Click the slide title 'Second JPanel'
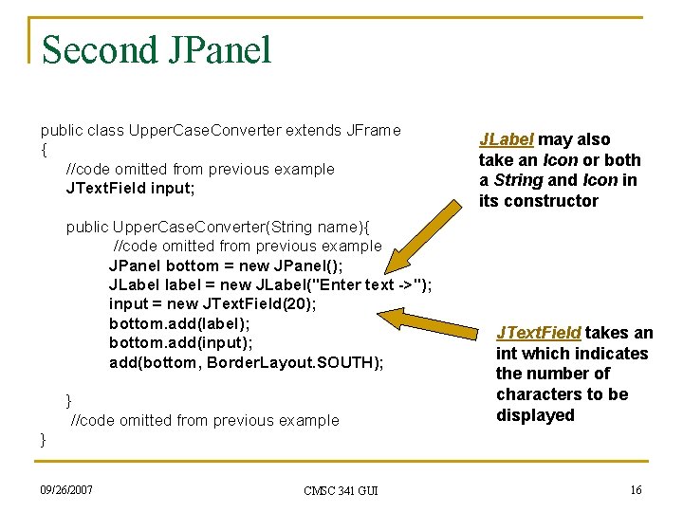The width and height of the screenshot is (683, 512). click(x=157, y=49)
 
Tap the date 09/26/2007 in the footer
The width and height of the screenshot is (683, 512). click(x=66, y=489)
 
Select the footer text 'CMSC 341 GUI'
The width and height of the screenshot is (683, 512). click(x=341, y=490)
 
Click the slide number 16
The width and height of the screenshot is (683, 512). click(x=635, y=489)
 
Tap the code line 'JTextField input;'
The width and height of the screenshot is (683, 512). click(x=131, y=188)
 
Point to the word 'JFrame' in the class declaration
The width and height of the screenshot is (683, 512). click(x=373, y=130)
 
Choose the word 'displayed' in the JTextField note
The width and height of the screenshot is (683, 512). click(x=535, y=415)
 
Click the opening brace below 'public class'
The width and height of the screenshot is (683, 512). click(x=44, y=150)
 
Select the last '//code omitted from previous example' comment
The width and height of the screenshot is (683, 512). click(x=205, y=420)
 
